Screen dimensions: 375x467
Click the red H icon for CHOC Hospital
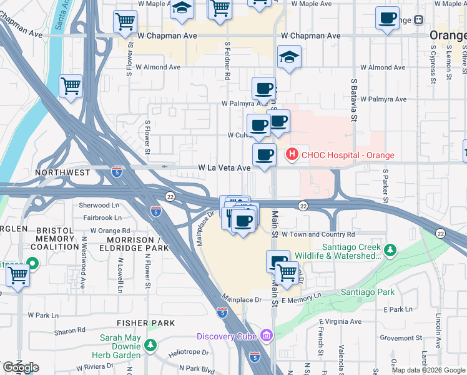tap(291, 154)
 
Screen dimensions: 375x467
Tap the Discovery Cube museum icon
tap(267, 336)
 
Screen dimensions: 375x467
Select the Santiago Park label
tap(368, 292)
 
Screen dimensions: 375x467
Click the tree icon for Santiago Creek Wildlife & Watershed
tap(390, 251)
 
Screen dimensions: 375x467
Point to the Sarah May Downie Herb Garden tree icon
tap(150, 344)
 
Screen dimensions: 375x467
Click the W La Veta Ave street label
tap(224, 168)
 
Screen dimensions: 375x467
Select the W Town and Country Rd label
tap(318, 234)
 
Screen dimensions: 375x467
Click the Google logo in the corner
tap(21, 367)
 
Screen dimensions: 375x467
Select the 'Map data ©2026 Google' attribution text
tap(428, 370)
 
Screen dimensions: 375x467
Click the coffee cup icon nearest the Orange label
tap(387, 19)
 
